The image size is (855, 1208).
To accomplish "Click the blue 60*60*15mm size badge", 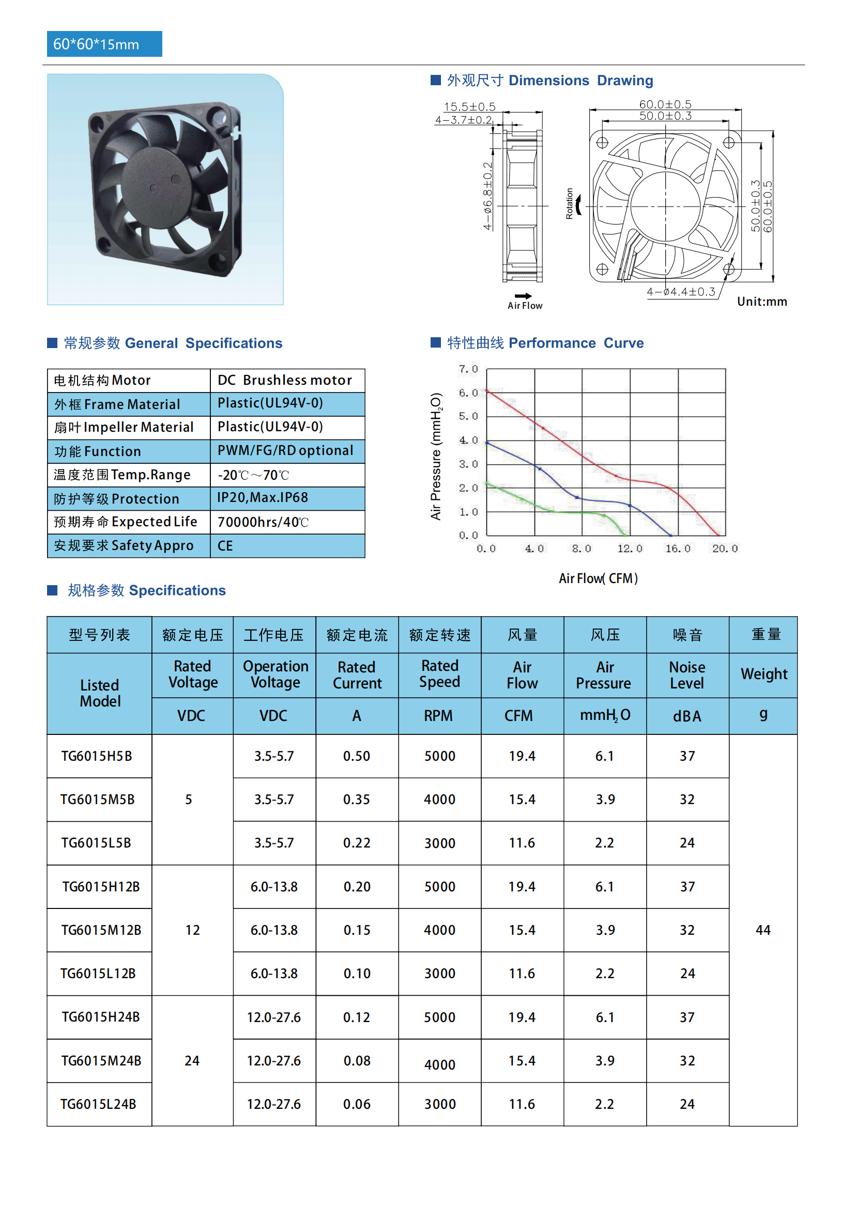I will (104, 44).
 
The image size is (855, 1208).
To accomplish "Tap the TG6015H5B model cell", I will (97, 756).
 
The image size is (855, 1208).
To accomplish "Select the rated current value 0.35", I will (357, 799).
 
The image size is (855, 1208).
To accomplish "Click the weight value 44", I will (763, 930).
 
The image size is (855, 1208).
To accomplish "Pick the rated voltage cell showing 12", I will (193, 930).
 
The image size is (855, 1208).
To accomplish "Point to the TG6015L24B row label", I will (98, 1104).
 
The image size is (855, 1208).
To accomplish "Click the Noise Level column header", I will (687, 675).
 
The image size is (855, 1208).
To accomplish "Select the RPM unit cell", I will (438, 715).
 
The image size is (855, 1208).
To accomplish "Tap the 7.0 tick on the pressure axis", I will (468, 369).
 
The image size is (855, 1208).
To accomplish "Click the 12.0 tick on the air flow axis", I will (630, 549).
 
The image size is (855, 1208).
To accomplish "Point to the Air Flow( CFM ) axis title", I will (598, 579).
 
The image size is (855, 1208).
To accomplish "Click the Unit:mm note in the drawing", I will (762, 302).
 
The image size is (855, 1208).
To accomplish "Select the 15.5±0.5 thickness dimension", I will (469, 107).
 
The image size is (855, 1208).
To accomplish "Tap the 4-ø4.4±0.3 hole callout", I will (681, 291).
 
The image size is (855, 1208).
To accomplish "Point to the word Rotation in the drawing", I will (569, 203).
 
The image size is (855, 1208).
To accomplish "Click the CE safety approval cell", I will (225, 545).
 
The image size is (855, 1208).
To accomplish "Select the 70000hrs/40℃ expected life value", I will (263, 522).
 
